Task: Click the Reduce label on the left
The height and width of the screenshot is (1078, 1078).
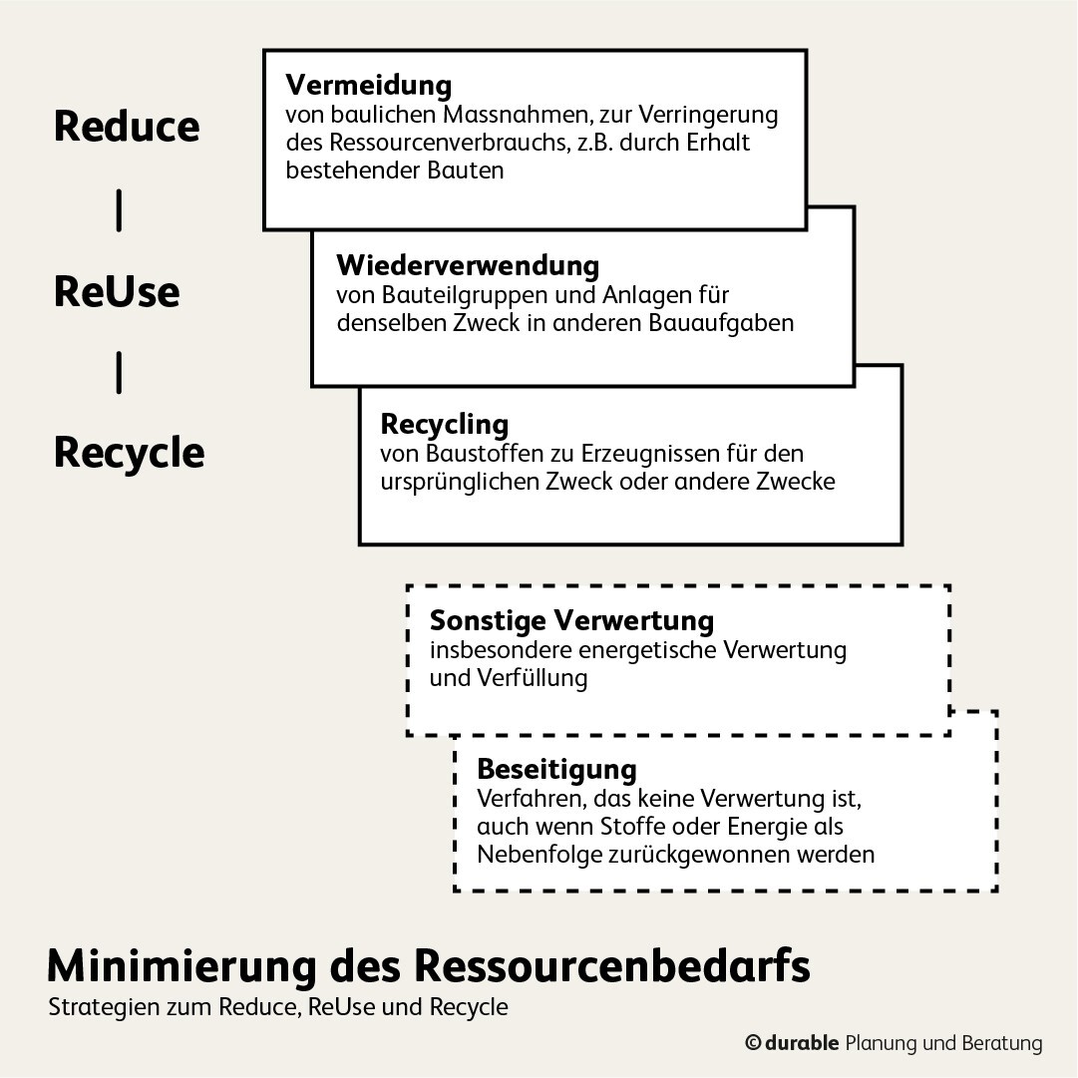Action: [127, 127]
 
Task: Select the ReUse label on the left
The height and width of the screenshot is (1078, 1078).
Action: [117, 291]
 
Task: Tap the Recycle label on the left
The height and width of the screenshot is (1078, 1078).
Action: [130, 454]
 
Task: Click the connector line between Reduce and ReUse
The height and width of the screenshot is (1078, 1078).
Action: [119, 210]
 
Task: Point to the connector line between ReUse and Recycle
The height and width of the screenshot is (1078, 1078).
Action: [119, 373]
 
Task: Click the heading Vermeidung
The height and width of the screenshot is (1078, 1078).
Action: [369, 85]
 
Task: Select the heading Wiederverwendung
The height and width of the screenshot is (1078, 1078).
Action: [468, 265]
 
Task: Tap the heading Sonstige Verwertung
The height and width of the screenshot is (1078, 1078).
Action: [572, 621]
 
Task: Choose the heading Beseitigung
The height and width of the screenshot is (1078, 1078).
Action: [556, 769]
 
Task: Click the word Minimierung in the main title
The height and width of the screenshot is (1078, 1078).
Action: [182, 966]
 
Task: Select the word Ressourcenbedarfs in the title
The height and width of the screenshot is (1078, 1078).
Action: [612, 966]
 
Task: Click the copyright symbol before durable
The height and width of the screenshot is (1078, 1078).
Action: [753, 1044]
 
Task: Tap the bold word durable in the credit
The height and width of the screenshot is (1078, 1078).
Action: [802, 1043]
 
